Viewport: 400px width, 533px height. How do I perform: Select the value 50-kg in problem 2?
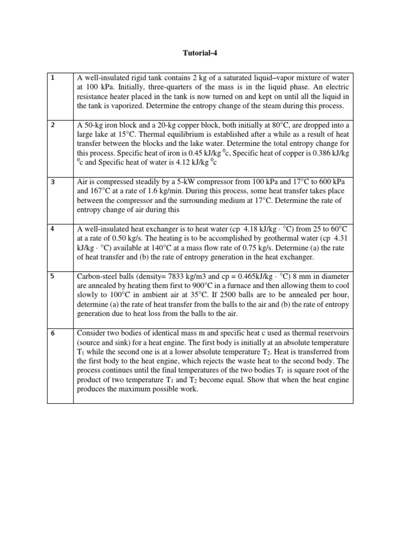click(x=94, y=125)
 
